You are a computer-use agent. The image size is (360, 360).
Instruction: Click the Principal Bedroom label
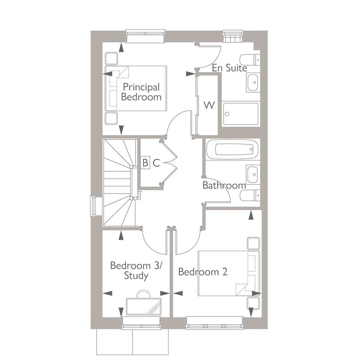141,92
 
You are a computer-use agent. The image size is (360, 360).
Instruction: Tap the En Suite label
229,68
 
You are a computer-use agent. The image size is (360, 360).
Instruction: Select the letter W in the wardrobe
209,105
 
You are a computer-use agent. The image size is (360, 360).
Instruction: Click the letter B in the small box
145,163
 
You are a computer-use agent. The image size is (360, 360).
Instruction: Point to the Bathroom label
224,185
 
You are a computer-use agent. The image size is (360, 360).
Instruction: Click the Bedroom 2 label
202,272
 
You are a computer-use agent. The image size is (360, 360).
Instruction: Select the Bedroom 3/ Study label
136,270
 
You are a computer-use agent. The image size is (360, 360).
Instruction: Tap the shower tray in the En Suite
241,115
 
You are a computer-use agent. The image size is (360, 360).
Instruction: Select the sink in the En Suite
252,82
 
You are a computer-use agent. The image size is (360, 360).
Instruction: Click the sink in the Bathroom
252,173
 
